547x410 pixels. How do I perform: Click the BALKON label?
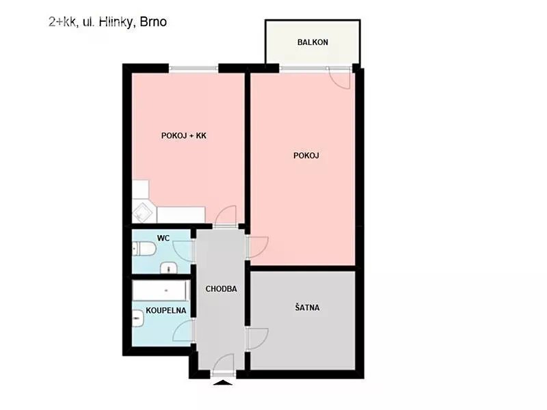[312, 42]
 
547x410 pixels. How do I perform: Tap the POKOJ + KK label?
[184, 135]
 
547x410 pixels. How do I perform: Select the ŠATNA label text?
[307, 307]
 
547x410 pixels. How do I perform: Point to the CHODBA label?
[221, 288]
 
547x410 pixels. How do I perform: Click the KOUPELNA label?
[165, 310]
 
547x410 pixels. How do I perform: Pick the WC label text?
[163, 238]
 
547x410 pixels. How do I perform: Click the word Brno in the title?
[153, 22]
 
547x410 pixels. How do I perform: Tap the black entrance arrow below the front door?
[223, 383]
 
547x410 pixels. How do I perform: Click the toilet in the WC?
[144, 249]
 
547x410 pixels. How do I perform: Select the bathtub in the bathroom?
[161, 290]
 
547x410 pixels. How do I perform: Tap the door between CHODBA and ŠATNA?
[258, 338]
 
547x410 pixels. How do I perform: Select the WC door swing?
[182, 249]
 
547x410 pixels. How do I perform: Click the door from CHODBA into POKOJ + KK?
[226, 216]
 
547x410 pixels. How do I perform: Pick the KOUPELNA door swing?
[183, 331]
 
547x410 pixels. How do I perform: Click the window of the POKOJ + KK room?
[194, 69]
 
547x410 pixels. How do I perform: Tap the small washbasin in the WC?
[169, 268]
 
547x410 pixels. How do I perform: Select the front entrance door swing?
[224, 364]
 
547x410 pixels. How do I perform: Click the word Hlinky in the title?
[116, 22]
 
